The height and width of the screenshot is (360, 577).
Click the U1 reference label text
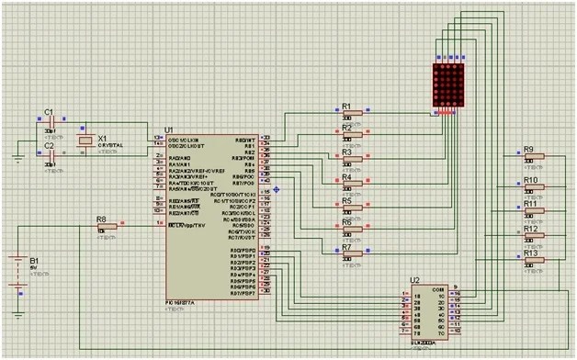tap(168, 130)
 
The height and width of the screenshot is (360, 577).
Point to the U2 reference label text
tap(415, 279)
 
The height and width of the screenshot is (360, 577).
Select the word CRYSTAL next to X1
tap(111, 145)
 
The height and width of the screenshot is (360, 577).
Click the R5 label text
tap(346, 200)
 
